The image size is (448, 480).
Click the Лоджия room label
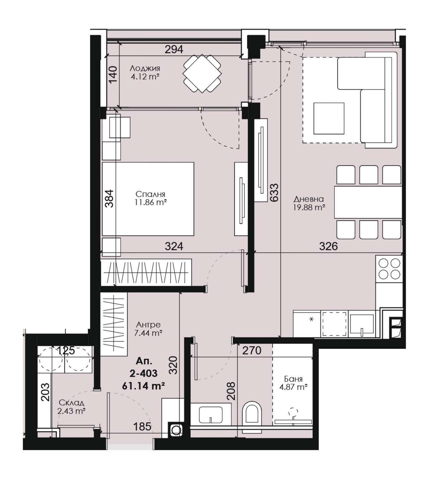(x=145, y=68)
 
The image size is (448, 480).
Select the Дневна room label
(x=309, y=199)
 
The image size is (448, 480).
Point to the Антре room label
(x=148, y=324)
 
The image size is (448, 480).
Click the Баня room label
(x=293, y=379)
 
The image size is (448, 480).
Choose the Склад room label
(x=71, y=403)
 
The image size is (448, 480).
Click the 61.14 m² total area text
(x=143, y=386)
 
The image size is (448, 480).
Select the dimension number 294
(x=174, y=49)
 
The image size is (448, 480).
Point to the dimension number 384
(x=110, y=198)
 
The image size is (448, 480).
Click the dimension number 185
(x=142, y=426)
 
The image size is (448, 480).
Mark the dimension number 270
(x=252, y=350)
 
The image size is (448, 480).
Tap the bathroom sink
(x=211, y=415)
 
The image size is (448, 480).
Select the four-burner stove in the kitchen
(x=389, y=268)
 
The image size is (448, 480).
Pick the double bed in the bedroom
(x=148, y=199)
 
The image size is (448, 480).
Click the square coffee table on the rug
(x=329, y=118)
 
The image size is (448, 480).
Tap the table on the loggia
(x=202, y=74)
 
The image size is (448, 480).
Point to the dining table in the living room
(x=368, y=202)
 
